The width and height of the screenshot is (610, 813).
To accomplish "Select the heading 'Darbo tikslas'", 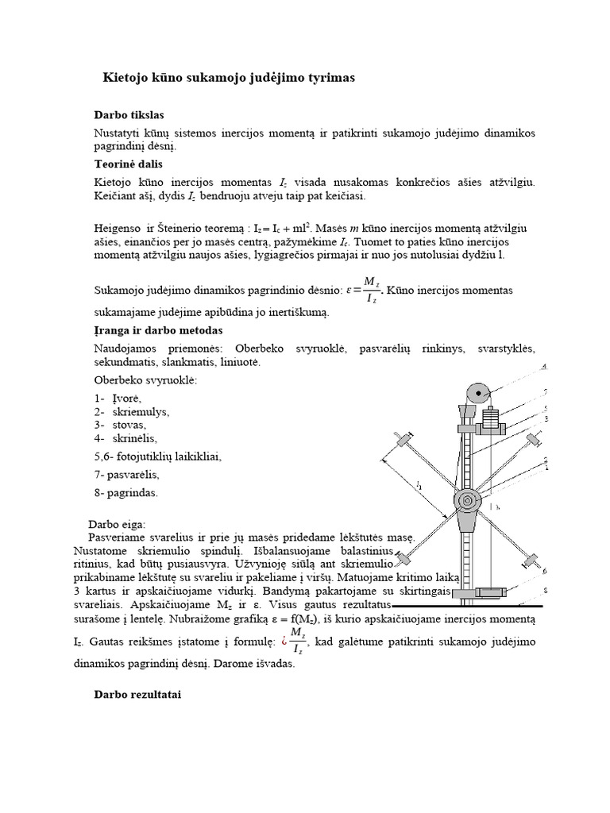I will point(129,115).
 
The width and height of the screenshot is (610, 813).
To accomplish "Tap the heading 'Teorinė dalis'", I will point(128,164).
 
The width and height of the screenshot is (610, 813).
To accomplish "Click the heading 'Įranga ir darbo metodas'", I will point(158,329).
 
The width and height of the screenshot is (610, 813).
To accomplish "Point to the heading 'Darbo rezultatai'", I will point(138,694).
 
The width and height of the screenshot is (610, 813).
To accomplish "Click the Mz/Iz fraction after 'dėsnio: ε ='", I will point(370,291).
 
